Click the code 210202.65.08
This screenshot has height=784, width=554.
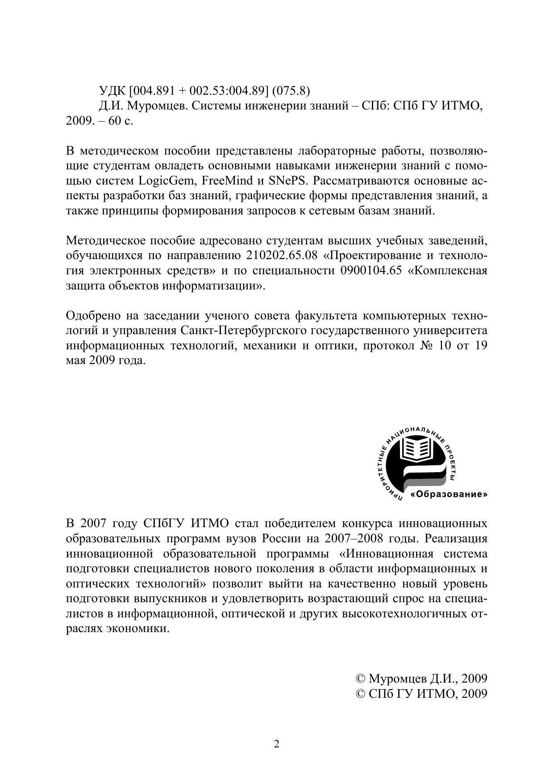[x=281, y=256]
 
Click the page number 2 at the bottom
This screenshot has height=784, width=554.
[x=276, y=744]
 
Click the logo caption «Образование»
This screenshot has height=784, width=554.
[x=449, y=495]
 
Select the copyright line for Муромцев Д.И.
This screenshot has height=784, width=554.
[x=421, y=679]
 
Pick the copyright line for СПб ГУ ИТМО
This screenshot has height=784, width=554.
[x=421, y=694]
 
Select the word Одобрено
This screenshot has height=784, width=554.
[x=92, y=316]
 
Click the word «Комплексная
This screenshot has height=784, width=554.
[x=448, y=271]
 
